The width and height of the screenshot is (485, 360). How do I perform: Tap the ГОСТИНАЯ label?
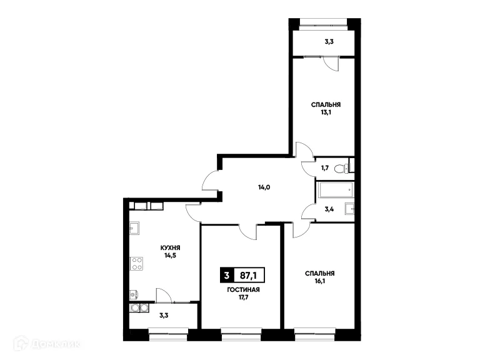pyautogui.click(x=244, y=290)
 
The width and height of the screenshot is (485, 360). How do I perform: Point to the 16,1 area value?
pyautogui.click(x=319, y=281)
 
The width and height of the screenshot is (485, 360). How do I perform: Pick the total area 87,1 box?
pyautogui.click(x=247, y=274)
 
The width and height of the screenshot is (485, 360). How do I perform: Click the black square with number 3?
pyautogui.click(x=226, y=274)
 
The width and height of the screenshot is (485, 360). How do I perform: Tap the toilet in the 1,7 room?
pyautogui.click(x=339, y=167)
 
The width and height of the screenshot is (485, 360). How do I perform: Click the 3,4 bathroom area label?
pyautogui.click(x=329, y=211)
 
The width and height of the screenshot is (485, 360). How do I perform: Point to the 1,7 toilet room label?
pyautogui.click(x=325, y=168)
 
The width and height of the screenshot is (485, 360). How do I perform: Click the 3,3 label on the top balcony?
pyautogui.click(x=327, y=42)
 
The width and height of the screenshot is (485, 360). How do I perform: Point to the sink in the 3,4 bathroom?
pyautogui.click(x=351, y=209)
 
